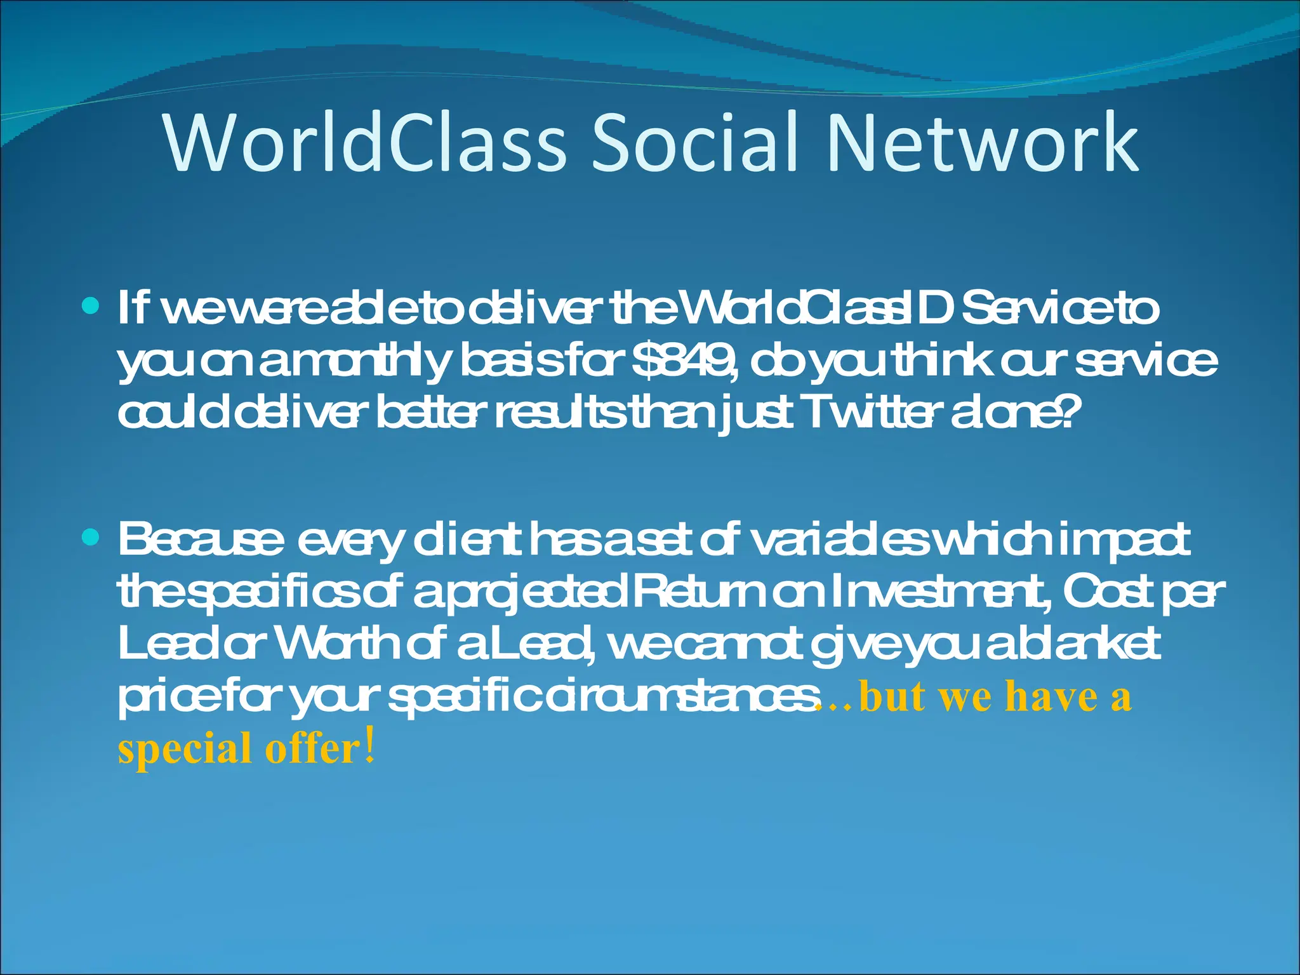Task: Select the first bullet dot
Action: coord(91,307)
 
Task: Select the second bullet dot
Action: coord(91,538)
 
